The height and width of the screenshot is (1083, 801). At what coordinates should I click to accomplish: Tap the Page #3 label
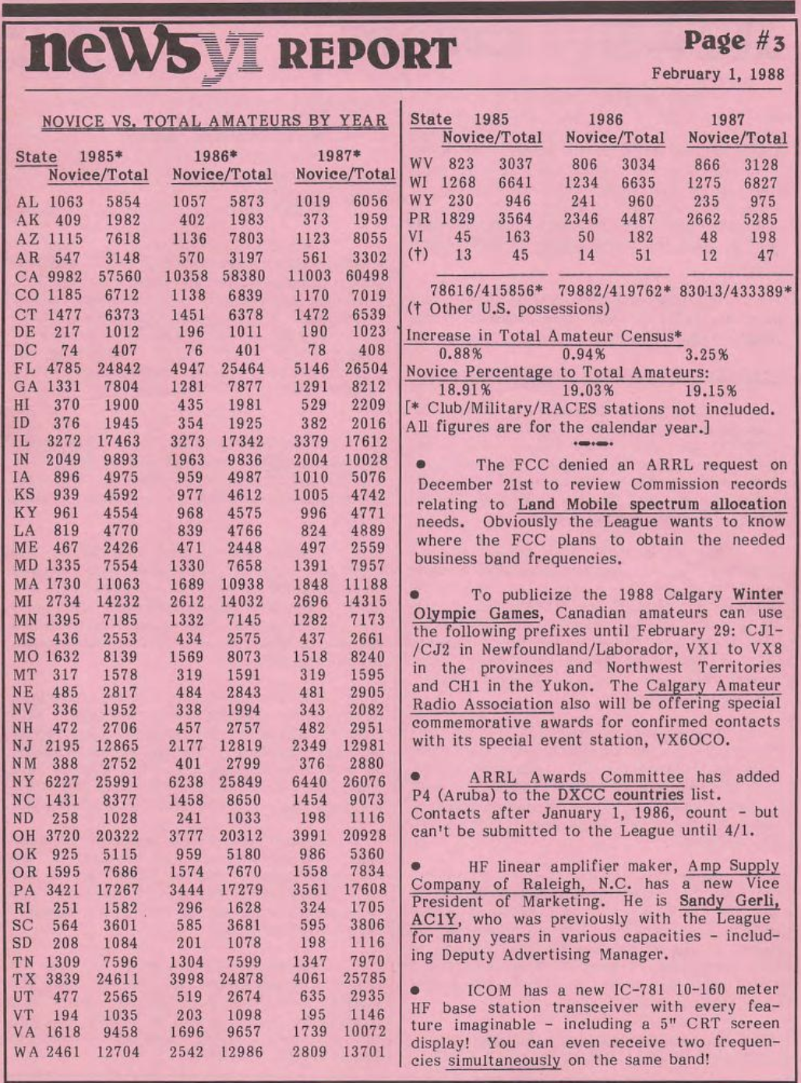(737, 41)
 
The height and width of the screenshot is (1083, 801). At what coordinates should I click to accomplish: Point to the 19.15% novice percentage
(710, 390)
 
